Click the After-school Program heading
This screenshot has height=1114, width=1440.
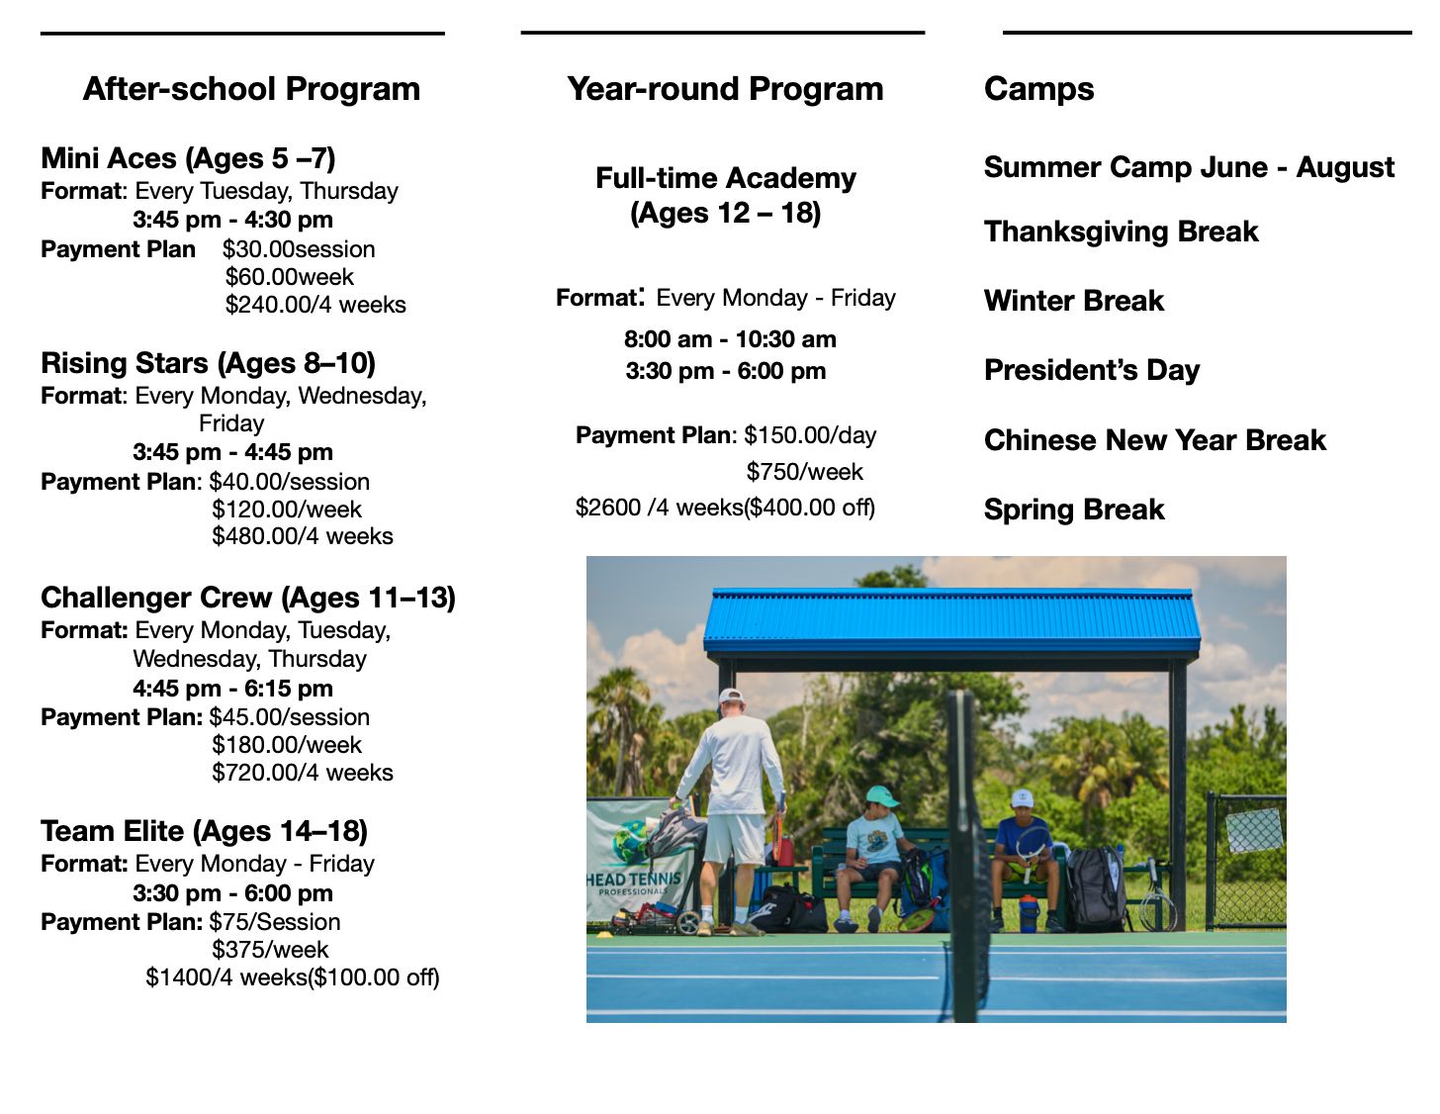pos(251,89)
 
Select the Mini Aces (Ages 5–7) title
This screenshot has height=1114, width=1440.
pos(188,158)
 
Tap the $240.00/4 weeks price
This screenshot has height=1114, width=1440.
pos(315,305)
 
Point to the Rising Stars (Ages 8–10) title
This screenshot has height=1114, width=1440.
pos(208,363)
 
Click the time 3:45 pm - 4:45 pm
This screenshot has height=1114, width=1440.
pos(232,452)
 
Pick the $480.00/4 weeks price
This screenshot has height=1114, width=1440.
pos(303,536)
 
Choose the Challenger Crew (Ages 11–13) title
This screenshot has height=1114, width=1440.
pos(248,598)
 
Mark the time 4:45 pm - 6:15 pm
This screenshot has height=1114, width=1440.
pos(232,689)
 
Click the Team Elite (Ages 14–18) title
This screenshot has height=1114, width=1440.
pos(204,831)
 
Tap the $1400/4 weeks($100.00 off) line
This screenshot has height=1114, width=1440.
pos(292,977)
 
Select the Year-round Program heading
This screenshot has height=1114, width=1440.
pos(725,89)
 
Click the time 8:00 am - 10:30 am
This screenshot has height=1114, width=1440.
pos(730,339)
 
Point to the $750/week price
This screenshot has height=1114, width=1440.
pos(804,472)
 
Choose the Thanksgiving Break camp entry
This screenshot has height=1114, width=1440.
pos(1121,232)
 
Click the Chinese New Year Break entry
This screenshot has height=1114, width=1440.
pos(1154,440)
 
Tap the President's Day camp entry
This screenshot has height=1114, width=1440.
pos(1092,370)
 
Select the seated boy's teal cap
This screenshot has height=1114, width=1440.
pos(883,795)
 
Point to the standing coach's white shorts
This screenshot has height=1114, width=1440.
pos(734,838)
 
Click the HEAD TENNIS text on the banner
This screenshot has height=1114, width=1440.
pos(634,880)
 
